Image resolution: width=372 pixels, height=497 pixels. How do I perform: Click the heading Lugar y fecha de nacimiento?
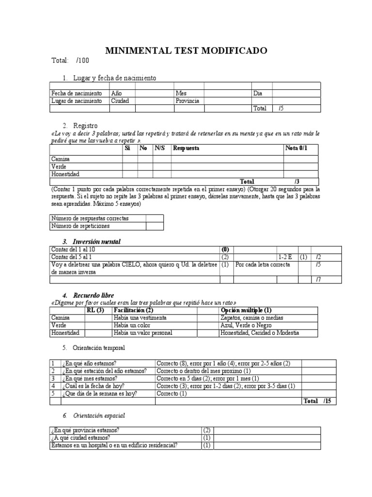pyautogui.click(x=114, y=78)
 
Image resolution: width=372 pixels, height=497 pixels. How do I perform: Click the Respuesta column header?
pyautogui.click(x=186, y=149)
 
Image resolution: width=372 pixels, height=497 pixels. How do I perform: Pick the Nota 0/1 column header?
pyautogui.click(x=296, y=149)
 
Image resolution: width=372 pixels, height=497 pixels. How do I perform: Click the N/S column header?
pyautogui.click(x=160, y=149)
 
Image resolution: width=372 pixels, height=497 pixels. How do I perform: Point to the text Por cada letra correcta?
pyautogui.click(x=263, y=265)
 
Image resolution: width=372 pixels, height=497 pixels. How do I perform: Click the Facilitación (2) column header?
pyautogui.click(x=133, y=310)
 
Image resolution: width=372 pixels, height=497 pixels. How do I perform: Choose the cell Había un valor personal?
pyautogui.click(x=143, y=333)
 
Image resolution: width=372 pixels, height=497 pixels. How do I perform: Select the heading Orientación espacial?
pyautogui.click(x=101, y=416)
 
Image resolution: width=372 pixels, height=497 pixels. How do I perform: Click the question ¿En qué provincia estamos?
pyautogui.click(x=85, y=430)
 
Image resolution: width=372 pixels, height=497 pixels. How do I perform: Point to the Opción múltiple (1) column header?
pyautogui.click(x=246, y=310)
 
